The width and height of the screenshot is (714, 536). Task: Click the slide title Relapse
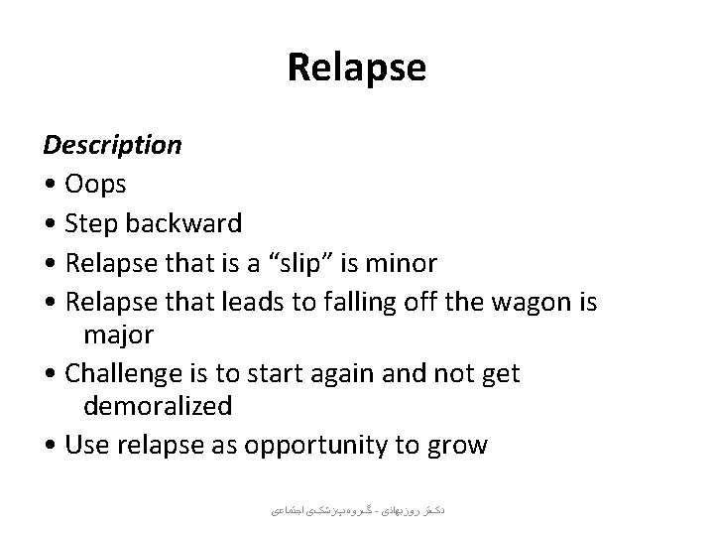click(x=356, y=68)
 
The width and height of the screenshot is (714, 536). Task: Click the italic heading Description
click(x=112, y=146)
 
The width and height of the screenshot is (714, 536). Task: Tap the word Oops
click(x=96, y=184)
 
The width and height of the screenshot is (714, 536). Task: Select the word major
click(x=118, y=335)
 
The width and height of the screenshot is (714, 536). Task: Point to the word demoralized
click(x=158, y=407)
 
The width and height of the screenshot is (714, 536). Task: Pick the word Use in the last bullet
click(x=85, y=445)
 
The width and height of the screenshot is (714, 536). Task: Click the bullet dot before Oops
click(x=50, y=185)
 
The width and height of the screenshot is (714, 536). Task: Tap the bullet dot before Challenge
click(x=50, y=374)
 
